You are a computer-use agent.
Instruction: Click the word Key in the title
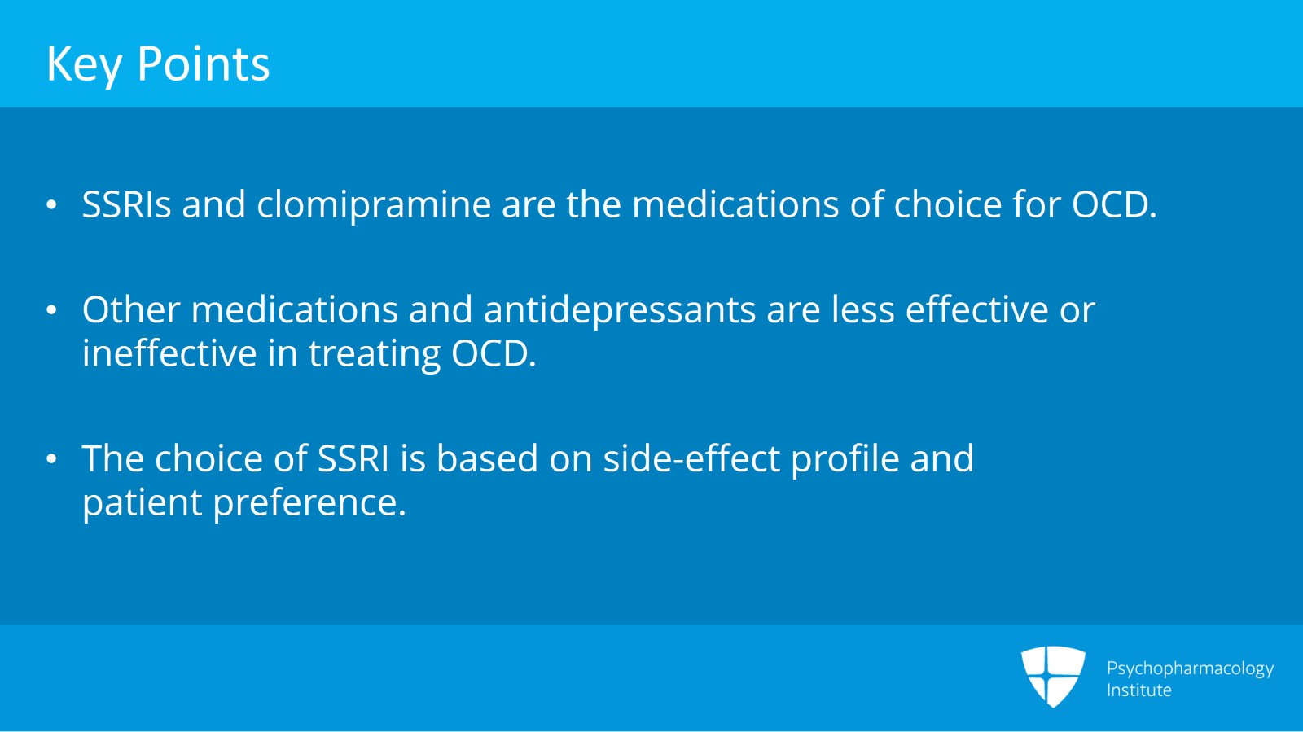pyautogui.click(x=84, y=64)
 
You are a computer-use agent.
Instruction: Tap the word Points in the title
pyautogui.click(x=203, y=64)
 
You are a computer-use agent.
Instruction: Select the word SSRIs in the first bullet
pyautogui.click(x=126, y=204)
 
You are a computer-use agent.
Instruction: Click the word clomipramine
pyautogui.click(x=374, y=204)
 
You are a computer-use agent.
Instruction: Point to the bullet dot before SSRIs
pyautogui.click(x=52, y=205)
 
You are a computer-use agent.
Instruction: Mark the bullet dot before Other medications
pyautogui.click(x=52, y=310)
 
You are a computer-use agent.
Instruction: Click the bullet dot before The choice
pyautogui.click(x=52, y=459)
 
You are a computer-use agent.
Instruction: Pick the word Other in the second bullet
pyautogui.click(x=131, y=310)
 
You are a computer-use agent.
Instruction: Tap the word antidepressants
pyautogui.click(x=619, y=310)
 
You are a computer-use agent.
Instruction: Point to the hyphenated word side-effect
pyautogui.click(x=691, y=459)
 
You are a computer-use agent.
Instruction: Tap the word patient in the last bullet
pyautogui.click(x=142, y=503)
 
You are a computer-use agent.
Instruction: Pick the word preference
pyautogui.click(x=309, y=503)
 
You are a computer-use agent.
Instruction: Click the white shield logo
pyautogui.click(x=1053, y=675)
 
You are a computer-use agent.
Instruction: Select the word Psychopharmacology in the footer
pyautogui.click(x=1189, y=668)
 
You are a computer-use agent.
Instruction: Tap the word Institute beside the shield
pyautogui.click(x=1138, y=690)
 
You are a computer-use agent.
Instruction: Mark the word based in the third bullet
pyautogui.click(x=487, y=459)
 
